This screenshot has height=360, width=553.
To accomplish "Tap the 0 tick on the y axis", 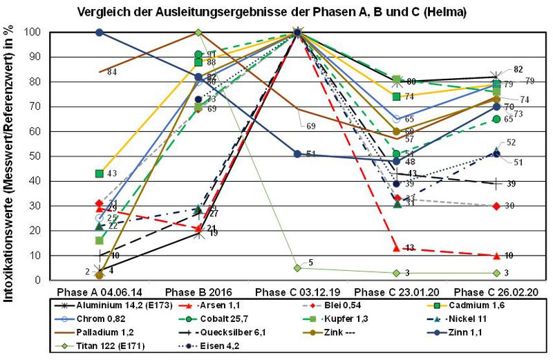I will [44, 281].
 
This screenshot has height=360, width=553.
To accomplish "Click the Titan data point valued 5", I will [297, 268].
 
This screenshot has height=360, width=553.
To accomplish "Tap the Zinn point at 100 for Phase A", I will [100, 32].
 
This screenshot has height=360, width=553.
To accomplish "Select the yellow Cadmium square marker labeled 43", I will [100, 173].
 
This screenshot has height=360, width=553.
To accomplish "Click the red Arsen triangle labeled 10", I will [496, 256].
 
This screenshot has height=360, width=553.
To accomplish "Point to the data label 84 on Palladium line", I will [111, 72].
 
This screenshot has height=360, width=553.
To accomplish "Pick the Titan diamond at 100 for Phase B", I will [198, 32].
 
